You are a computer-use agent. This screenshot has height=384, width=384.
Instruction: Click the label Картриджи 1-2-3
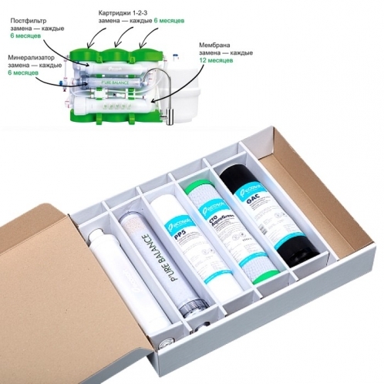click(127, 14)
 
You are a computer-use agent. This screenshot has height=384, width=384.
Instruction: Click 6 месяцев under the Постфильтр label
click(29, 35)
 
